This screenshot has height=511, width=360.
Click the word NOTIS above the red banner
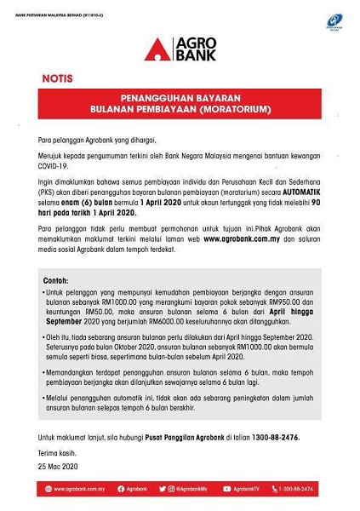[x=57, y=78]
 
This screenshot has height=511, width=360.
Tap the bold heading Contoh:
[x=56, y=280]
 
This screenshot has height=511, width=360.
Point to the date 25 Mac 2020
[x=58, y=466]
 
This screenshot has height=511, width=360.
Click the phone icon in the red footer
[x=275, y=489]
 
